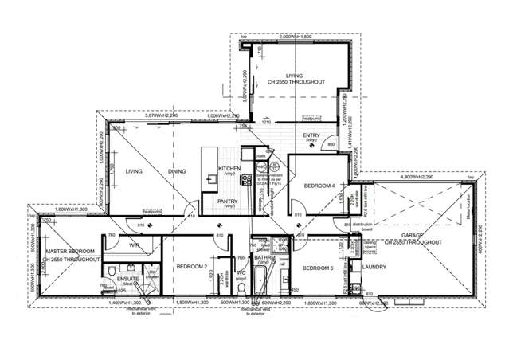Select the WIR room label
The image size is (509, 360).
(135, 246)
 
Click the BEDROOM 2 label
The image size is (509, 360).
(192, 266)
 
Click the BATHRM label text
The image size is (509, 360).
(264, 258)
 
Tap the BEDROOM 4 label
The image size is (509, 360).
(319, 186)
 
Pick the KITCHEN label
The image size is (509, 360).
(229, 169)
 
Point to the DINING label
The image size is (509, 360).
(177, 170)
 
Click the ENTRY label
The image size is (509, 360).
(311, 135)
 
